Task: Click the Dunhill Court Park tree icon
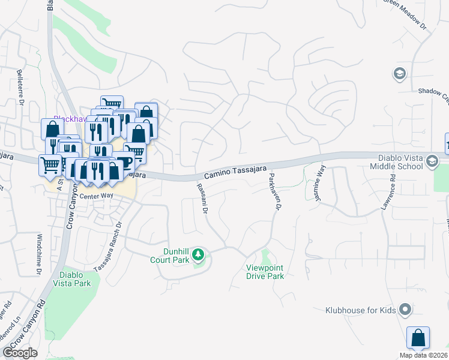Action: coord(198,256)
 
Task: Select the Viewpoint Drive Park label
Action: coord(265,272)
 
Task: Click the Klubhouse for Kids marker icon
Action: coord(405,310)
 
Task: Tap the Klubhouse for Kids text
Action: coord(360,310)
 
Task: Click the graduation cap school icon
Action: coord(399,74)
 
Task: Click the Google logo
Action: coord(20,352)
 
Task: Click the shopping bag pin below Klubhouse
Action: coord(418,337)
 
